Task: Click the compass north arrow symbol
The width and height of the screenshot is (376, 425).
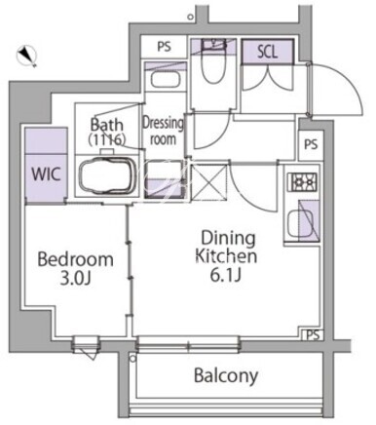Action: pos(27,56)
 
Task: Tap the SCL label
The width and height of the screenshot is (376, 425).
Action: pos(267,52)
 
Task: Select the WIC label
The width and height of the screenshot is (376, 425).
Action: pos(47,174)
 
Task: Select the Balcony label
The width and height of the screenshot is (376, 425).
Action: pos(226,376)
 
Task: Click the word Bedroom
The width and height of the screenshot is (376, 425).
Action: pos(76,259)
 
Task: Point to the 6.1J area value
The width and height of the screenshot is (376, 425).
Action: pos(226,275)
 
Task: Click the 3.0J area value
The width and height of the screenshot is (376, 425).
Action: pos(75,278)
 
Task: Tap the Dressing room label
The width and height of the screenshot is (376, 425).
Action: pos(163,131)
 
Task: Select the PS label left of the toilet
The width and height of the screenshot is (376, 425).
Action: pos(165,47)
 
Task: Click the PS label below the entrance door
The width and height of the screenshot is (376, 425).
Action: pos(311,144)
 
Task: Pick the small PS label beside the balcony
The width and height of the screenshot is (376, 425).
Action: pos(313,335)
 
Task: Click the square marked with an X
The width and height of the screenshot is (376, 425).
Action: pos(208,183)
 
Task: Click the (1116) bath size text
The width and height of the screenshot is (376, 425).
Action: pos(107,139)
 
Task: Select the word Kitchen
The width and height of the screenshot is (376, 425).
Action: pos(226,256)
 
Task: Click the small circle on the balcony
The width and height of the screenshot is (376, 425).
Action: pos(132,359)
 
